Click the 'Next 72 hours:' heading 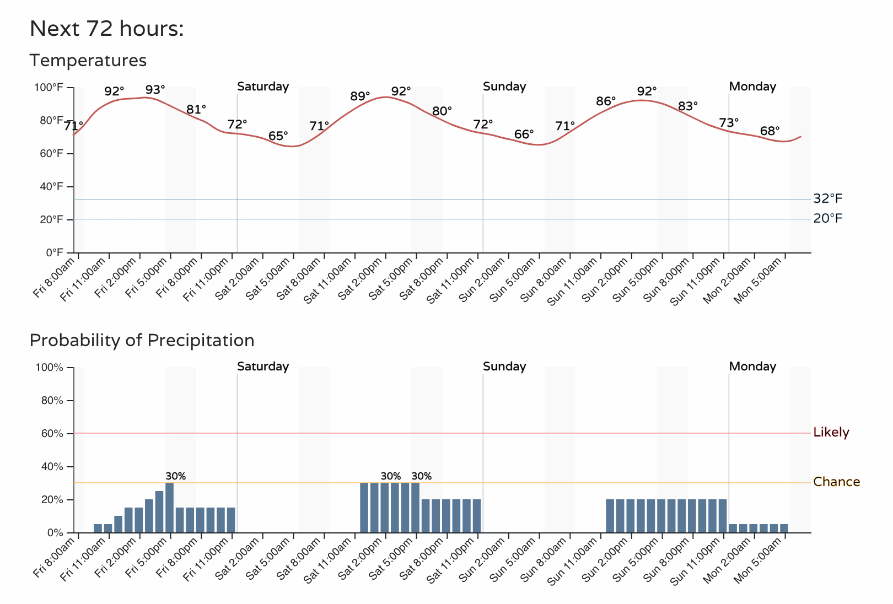(106, 29)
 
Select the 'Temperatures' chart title (88, 60)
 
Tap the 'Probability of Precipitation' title (142, 340)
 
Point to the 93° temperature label (155, 90)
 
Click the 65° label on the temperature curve (278, 136)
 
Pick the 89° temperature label (360, 96)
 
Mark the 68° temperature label (770, 131)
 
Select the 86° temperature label (606, 101)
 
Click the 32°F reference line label (827, 199)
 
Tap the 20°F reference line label (827, 219)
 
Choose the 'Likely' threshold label (831, 433)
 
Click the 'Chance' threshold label (836, 482)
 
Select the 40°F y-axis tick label (52, 186)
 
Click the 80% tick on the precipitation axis (52, 401)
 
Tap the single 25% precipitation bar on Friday (159, 512)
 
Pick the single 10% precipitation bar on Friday (119, 524)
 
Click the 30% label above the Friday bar (175, 476)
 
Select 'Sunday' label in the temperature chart (504, 87)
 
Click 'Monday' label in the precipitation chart (752, 366)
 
